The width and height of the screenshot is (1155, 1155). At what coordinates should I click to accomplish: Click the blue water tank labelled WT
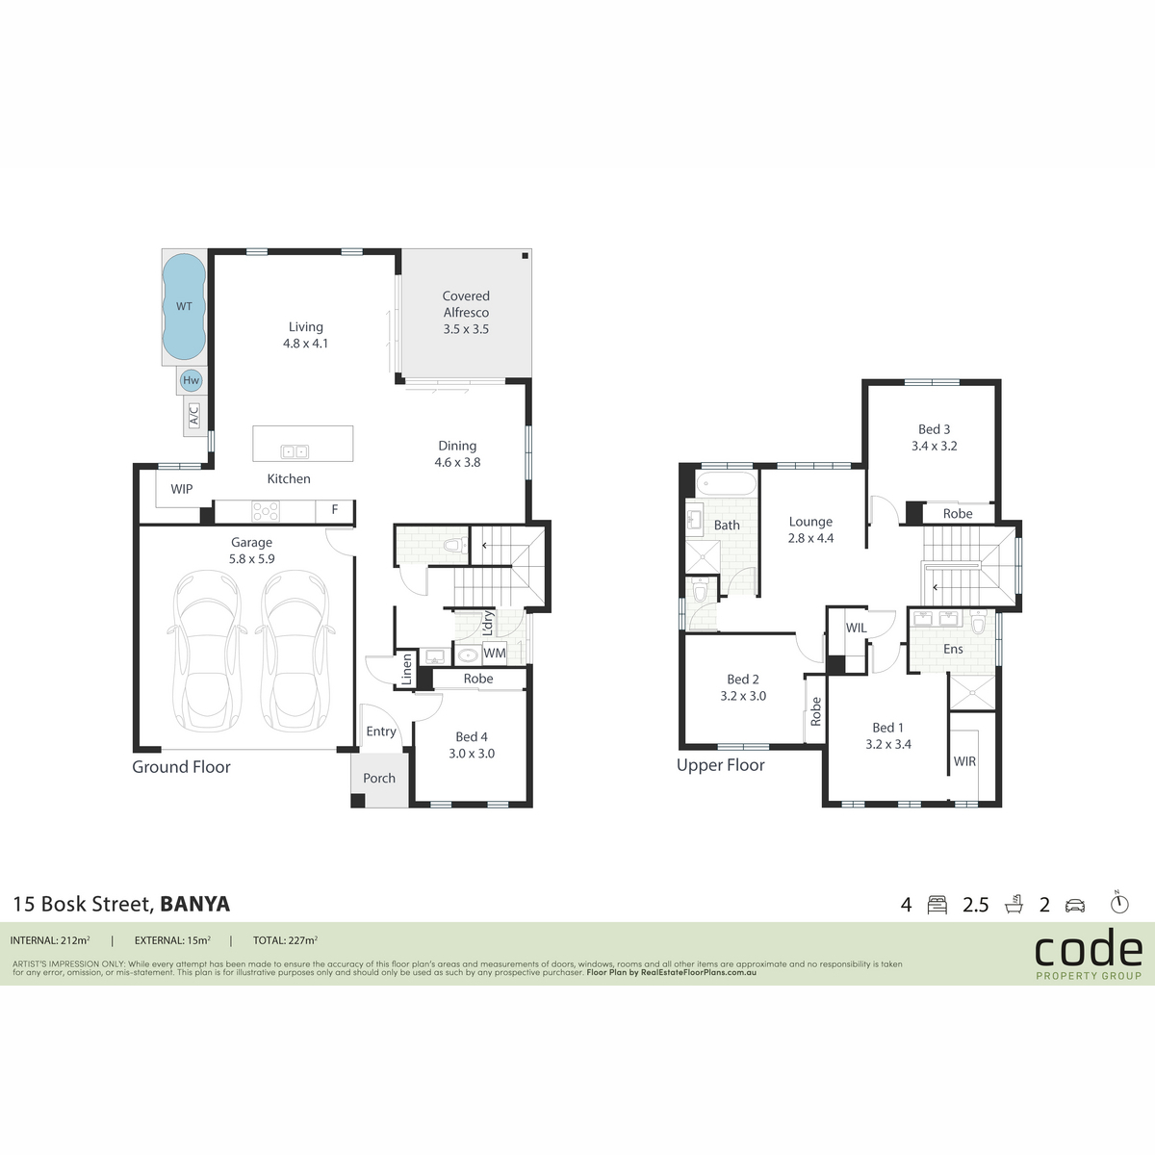[x=184, y=306]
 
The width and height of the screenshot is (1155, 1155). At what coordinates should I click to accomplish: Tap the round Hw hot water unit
[x=192, y=380]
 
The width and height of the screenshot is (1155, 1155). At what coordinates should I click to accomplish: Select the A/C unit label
[x=193, y=415]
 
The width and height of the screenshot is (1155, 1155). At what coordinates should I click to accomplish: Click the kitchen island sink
[x=295, y=451]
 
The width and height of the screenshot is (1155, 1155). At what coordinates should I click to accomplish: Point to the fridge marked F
[x=334, y=510]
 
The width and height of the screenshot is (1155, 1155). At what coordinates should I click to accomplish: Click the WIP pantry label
[x=182, y=489]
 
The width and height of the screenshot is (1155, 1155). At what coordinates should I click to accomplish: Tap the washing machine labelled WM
[x=495, y=653]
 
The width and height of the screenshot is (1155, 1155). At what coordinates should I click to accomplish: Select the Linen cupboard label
[x=407, y=670]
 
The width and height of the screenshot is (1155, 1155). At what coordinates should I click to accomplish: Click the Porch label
[x=379, y=778]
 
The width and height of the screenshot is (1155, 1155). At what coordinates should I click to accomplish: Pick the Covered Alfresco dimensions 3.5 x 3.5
[x=466, y=329]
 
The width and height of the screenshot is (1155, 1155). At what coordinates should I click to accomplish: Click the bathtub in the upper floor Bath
[x=727, y=483]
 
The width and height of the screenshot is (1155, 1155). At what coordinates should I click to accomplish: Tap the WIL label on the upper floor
[x=856, y=628]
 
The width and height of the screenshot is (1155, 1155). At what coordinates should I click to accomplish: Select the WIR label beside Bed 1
[x=964, y=761]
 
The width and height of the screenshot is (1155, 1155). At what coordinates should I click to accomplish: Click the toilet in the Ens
[x=978, y=623]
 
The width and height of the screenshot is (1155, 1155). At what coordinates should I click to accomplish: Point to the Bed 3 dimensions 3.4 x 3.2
[x=934, y=446]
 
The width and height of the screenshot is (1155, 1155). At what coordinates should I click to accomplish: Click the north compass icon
[x=1119, y=902]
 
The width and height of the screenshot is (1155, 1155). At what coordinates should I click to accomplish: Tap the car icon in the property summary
[x=1075, y=906]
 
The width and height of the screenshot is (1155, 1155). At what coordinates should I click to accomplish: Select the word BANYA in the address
[x=194, y=904]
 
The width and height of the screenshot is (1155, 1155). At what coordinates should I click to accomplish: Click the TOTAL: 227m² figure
[x=285, y=940]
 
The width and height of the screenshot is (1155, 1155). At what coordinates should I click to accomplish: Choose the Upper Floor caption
[x=721, y=765]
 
